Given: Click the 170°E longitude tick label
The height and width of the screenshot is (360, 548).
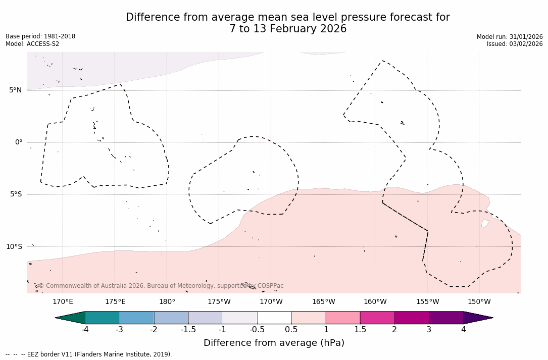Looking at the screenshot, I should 63,302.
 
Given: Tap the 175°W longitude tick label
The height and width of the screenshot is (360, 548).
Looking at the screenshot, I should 219,302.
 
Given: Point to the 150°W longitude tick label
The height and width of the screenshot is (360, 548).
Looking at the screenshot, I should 479,302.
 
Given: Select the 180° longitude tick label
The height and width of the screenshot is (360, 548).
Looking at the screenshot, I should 167,302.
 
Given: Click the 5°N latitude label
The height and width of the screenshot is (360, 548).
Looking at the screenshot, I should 15,90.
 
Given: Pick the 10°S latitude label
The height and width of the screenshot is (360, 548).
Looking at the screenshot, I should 14,247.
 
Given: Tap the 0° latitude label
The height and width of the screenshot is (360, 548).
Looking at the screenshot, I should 19,142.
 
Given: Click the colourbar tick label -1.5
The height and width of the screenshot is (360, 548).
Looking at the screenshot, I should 188,330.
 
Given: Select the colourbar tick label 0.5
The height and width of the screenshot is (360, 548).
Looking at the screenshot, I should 291,330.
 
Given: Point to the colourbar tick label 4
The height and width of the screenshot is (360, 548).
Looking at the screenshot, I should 463,330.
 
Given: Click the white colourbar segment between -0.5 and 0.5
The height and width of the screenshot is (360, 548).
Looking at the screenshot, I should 274,318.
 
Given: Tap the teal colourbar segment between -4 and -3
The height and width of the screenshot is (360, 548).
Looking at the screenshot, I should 103,318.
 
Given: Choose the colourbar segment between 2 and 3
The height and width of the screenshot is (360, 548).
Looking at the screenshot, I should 412,318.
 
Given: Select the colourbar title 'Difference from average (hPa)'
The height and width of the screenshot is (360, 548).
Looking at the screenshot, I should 274,343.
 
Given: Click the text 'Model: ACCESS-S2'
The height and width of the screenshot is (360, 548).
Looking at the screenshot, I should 32,44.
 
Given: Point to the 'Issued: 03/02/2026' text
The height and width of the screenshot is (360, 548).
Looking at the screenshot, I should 515,44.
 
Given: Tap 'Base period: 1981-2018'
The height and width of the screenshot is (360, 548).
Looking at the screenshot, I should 40,36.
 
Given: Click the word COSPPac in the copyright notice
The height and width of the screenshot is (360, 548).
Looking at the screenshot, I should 270,286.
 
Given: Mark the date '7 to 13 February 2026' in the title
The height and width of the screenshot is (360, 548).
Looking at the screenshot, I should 288,29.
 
